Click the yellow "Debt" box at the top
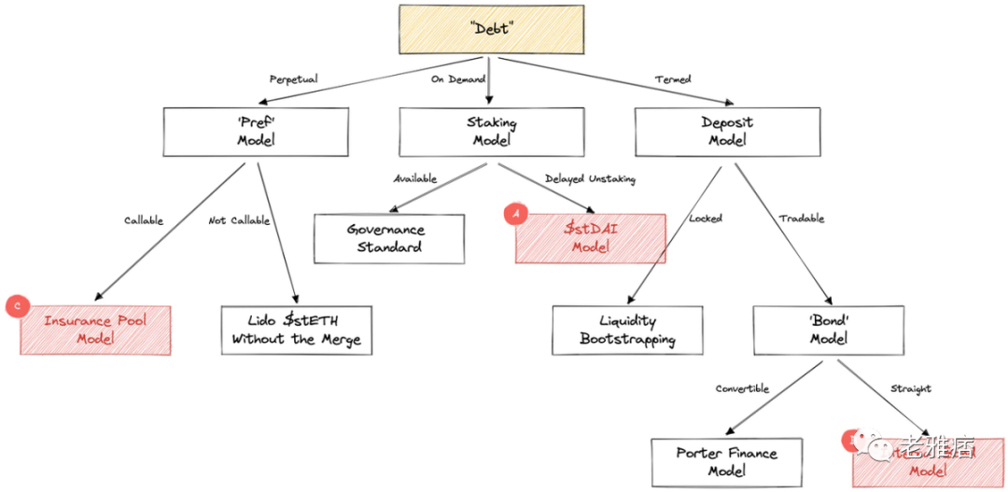click(491, 29)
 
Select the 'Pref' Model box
click(256, 132)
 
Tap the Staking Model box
click(491, 132)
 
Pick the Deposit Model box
click(727, 132)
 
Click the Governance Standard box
click(388, 239)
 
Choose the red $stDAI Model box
click(590, 239)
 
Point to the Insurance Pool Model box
click(95, 330)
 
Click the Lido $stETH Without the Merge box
click(297, 330)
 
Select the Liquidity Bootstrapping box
click(627, 330)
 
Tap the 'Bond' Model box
click(828, 330)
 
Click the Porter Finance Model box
click(726, 462)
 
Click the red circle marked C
click(16, 305)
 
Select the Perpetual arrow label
click(293, 79)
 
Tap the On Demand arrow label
click(457, 79)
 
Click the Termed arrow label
click(672, 79)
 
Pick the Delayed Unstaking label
click(590, 178)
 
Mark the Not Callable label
click(239, 220)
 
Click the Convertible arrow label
click(742, 388)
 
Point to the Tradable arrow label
click(802, 218)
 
